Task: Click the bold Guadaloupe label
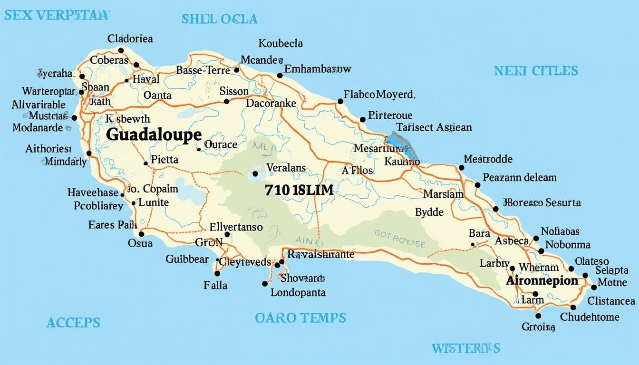[154, 135]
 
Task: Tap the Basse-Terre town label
[203, 70]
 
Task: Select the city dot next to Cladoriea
[121, 50]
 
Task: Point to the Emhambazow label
[318, 69]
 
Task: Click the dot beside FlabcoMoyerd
[340, 101]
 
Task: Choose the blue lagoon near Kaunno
[402, 145]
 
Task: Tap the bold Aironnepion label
[542, 280]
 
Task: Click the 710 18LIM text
[299, 191]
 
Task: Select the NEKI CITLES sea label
[536, 71]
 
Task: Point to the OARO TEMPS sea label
[300, 317]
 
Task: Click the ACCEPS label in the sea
[73, 323]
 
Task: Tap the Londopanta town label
[298, 293]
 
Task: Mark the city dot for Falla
[217, 273]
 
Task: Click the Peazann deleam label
[520, 178]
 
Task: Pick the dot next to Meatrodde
[461, 168]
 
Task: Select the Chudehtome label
[590, 317]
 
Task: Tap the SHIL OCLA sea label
[219, 19]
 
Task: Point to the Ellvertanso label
[236, 227]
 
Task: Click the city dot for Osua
[141, 234]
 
